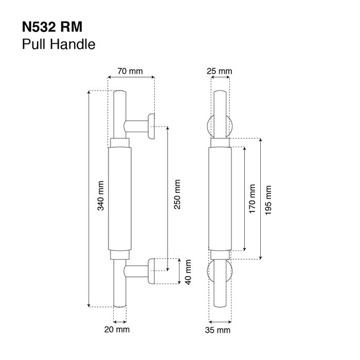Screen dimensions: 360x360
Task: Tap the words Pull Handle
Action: pyautogui.click(x=59, y=44)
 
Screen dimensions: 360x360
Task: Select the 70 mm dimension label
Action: pyautogui.click(x=130, y=71)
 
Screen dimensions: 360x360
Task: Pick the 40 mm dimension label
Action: pyautogui.click(x=188, y=272)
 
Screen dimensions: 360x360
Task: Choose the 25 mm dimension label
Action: pyautogui.click(x=220, y=71)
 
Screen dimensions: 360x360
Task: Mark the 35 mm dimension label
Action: pyautogui.click(x=220, y=330)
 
